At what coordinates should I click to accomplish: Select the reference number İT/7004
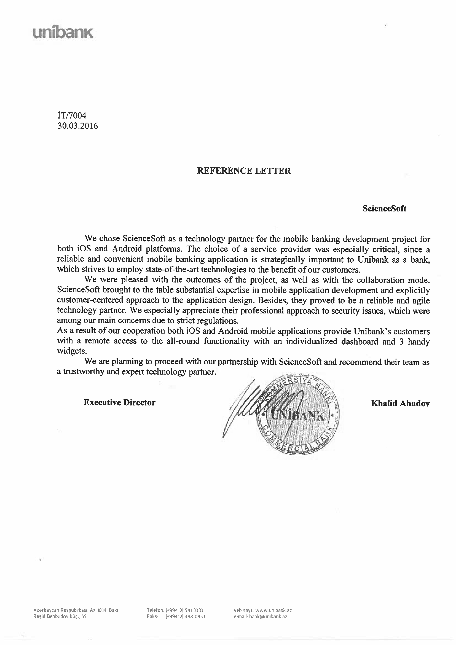(x=72, y=115)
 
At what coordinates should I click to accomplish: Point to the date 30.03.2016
(x=78, y=126)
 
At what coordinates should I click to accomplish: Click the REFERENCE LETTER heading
(x=244, y=171)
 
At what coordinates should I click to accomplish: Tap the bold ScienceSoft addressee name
(x=384, y=208)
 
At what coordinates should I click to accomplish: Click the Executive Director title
(x=119, y=403)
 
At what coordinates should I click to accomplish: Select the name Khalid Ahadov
(x=400, y=403)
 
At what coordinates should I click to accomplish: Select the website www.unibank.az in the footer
(x=273, y=610)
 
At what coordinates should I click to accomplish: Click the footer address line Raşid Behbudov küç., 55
(x=60, y=617)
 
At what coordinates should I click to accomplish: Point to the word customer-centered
(x=90, y=300)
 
